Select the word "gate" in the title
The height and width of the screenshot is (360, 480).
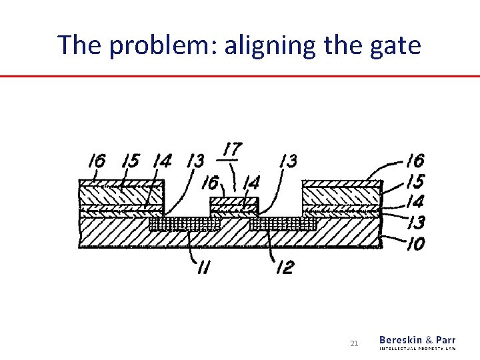pos(395,45)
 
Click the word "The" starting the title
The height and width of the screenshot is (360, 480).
pos(77,45)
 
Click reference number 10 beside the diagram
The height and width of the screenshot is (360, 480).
pos(415,245)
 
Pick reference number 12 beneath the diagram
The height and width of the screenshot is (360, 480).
pos(284,268)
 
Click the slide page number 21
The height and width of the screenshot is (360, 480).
pos(354,343)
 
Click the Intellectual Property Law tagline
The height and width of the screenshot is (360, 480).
pos(418,348)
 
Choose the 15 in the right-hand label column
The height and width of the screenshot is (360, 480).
pos(415,181)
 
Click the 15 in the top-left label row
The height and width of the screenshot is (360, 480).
pos(131,161)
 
